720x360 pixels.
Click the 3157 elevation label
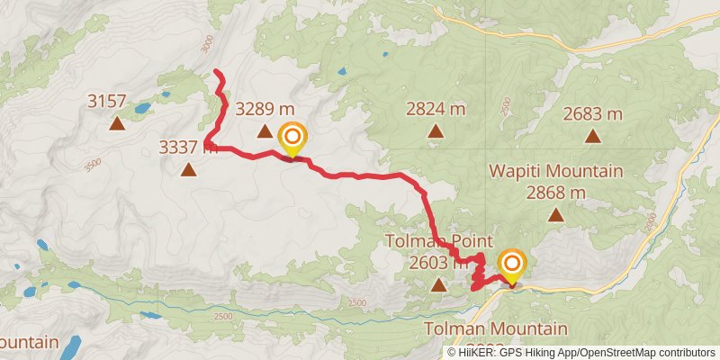tap(107, 101)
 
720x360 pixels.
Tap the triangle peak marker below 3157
tap(116, 123)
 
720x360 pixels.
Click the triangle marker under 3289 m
tap(265, 132)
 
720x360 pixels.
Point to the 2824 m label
tap(436, 110)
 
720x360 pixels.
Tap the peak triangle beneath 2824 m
tap(436, 131)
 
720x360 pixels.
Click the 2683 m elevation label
tap(592, 114)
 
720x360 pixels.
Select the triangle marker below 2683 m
tap(592, 137)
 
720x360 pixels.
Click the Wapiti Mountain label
tap(556, 171)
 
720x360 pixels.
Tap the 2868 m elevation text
tap(556, 192)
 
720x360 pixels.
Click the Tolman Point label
tap(438, 241)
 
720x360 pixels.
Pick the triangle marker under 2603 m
tap(438, 285)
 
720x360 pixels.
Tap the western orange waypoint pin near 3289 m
tap(292, 139)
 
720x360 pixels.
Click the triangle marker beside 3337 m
tap(188, 169)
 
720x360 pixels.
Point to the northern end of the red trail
tap(216, 71)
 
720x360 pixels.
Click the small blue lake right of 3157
tap(142, 109)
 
